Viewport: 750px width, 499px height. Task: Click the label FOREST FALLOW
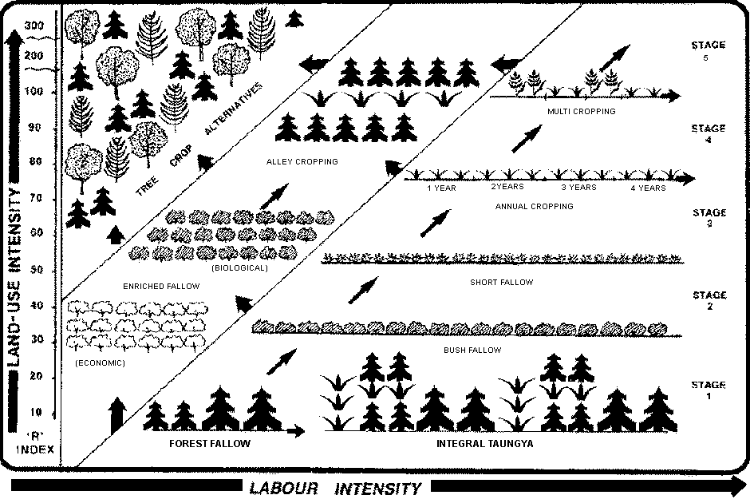click(210, 444)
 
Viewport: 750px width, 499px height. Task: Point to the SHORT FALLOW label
click(502, 282)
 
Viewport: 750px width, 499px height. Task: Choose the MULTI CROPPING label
click(581, 112)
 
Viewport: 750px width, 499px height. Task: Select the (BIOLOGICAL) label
click(240, 268)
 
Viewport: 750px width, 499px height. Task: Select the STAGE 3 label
click(709, 218)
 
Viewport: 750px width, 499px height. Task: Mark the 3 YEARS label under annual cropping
click(578, 188)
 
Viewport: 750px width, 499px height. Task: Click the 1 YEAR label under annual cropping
click(441, 188)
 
